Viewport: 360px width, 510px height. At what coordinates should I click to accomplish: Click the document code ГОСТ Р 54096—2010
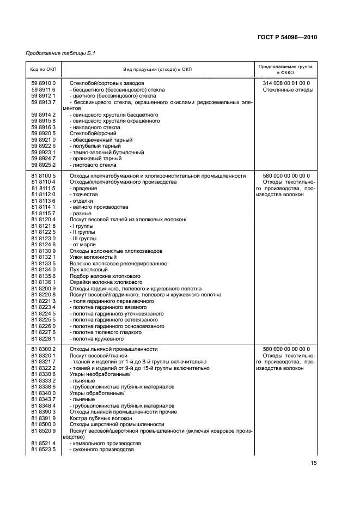[288, 37]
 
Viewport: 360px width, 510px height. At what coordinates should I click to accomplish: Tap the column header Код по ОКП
[43, 69]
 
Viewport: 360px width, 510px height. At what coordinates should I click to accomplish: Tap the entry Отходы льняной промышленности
[113, 349]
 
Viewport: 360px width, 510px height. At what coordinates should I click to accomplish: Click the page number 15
[314, 463]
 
